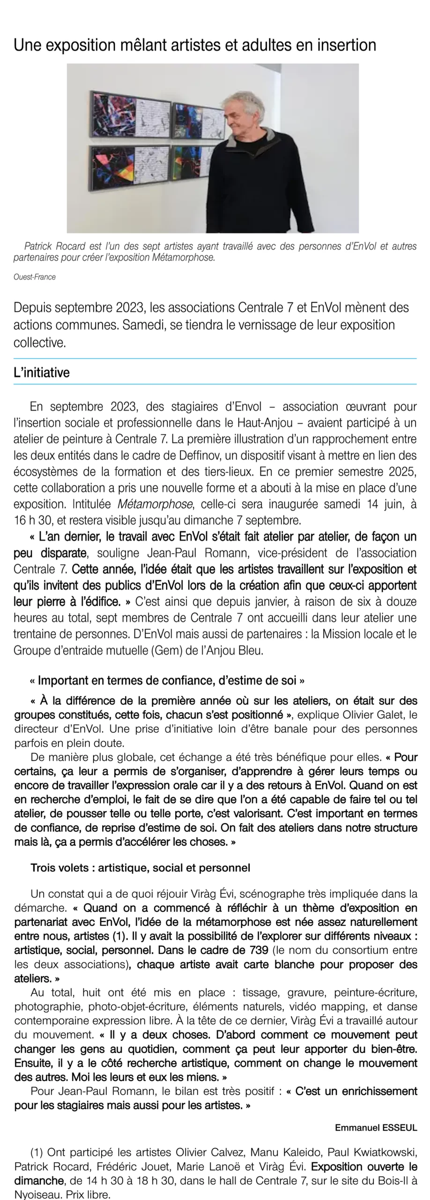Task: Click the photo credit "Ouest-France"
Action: point(35,277)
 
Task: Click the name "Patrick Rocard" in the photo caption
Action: point(54,246)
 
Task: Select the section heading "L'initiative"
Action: point(41,373)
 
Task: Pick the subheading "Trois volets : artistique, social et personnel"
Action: point(140,868)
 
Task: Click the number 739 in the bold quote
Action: point(257,950)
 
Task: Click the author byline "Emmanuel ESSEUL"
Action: point(376,1128)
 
